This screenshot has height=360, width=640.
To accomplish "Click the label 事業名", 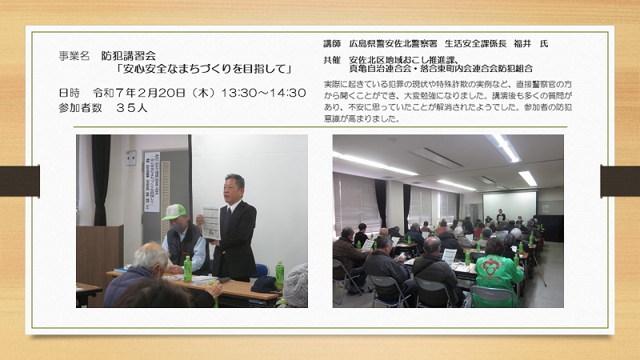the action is [x=74, y=56].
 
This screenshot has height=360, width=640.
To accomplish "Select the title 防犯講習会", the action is [x=129, y=56].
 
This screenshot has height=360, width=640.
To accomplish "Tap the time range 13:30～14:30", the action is [x=263, y=93].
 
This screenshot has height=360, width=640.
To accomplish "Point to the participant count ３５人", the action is [x=131, y=108].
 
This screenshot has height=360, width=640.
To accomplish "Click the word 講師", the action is [x=332, y=44].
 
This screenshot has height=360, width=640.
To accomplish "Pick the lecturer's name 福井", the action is [x=522, y=44].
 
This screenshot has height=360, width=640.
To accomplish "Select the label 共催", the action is [x=332, y=60].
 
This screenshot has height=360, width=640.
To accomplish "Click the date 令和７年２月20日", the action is [x=139, y=93].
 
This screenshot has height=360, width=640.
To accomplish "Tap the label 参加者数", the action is [x=74, y=108].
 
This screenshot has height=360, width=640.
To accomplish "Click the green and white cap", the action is [x=174, y=212].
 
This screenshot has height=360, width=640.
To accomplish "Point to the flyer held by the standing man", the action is [x=211, y=223].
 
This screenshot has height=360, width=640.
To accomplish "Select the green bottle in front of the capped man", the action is [x=187, y=269].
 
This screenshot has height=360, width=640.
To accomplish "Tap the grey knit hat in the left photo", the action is [x=295, y=286].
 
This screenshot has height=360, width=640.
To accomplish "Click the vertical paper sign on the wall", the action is [x=151, y=182].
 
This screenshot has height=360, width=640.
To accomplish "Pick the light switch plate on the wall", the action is [x=130, y=158].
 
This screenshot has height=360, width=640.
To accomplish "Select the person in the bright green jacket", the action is [x=498, y=273].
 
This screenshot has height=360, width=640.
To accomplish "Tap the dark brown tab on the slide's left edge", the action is [x=19, y=181].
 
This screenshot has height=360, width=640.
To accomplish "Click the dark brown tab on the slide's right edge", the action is [x=620, y=181].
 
